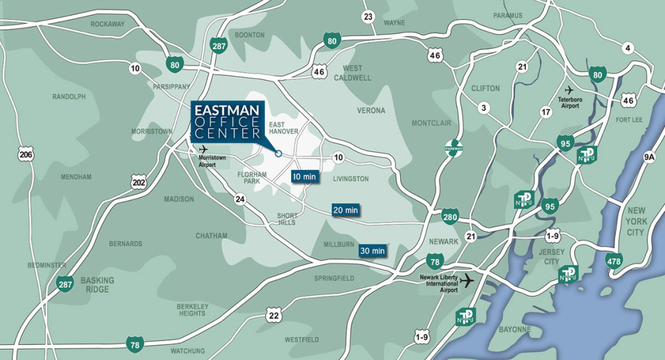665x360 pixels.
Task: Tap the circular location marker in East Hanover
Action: point(278,154)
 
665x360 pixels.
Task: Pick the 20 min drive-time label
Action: point(345,210)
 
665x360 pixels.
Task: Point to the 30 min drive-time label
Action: point(372,250)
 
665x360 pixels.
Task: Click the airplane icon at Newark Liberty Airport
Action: point(466,281)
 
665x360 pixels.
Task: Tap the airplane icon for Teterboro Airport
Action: point(570,90)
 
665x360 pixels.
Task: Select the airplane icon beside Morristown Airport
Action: point(203,149)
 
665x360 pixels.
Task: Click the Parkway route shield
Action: point(453,148)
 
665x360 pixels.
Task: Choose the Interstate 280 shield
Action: point(451,217)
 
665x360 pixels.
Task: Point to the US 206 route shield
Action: point(26,155)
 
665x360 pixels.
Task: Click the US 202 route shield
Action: point(138,183)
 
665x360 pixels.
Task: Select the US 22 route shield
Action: point(273,316)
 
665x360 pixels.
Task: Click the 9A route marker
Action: point(649,157)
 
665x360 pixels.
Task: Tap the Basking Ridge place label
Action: point(97,285)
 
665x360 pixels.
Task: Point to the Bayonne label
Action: point(516,329)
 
